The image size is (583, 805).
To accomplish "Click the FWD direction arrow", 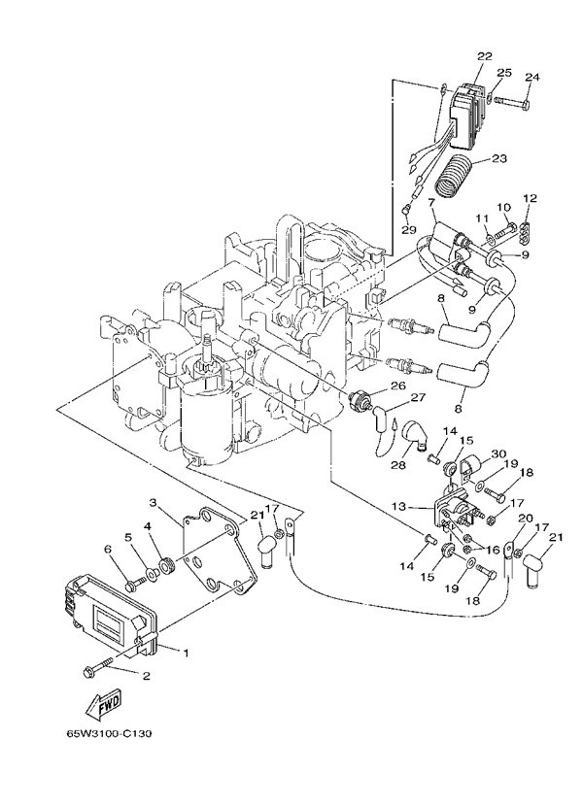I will (x=102, y=704).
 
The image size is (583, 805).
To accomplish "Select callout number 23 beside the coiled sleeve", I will (x=499, y=158).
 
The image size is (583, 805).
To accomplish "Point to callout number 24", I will (x=532, y=78).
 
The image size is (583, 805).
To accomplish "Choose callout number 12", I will (x=529, y=199).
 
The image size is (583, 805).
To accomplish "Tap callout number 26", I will (x=397, y=385).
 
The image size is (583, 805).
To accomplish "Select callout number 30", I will (x=498, y=454).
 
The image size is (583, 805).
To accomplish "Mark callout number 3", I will (x=154, y=502).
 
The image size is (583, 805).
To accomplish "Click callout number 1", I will (x=186, y=654).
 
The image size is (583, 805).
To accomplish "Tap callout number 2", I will (x=147, y=676).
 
